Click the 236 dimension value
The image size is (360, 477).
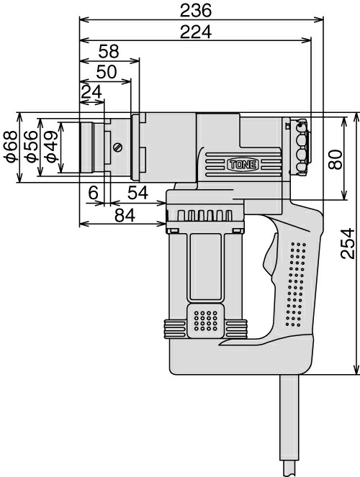coord(195,10)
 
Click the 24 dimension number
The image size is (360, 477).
coord(91,91)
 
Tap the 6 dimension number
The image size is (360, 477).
coord(92,193)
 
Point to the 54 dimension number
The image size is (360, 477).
coord(138,193)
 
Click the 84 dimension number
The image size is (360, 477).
coord(123,214)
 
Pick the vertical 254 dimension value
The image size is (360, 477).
coord(348,245)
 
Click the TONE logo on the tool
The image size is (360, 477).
coord(242,165)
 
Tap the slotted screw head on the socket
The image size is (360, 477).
coord(117,147)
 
